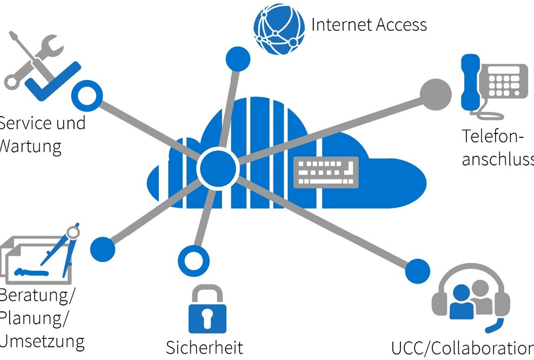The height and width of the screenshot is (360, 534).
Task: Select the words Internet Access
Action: pyautogui.click(x=369, y=25)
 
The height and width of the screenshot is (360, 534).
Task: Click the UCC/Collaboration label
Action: pyautogui.click(x=462, y=348)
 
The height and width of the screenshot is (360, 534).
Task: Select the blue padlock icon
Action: pyautogui.click(x=205, y=310)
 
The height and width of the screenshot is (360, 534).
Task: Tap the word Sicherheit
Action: pyautogui.click(x=204, y=347)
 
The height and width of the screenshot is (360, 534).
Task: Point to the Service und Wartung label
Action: pyautogui.click(x=41, y=134)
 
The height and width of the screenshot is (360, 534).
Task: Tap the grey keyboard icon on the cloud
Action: pyautogui.click(x=326, y=172)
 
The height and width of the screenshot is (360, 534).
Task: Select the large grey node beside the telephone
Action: pyautogui.click(x=436, y=93)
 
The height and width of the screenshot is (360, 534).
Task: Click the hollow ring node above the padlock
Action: pyautogui.click(x=193, y=260)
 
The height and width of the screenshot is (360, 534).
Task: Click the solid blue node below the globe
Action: pyautogui.click(x=237, y=58)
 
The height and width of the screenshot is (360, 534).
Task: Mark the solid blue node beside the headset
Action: pyautogui.click(x=417, y=270)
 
